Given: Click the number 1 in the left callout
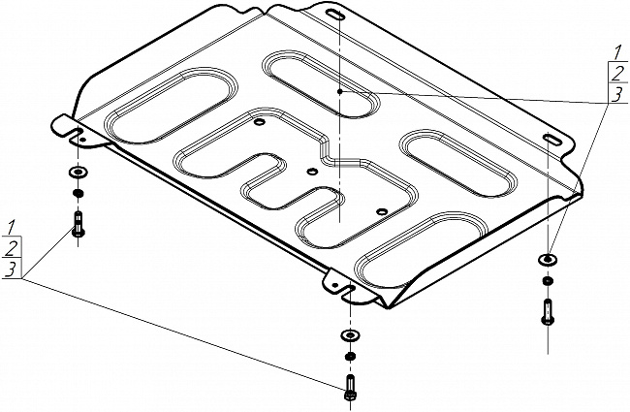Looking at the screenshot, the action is [x=12, y=227].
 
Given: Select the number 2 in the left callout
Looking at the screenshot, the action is [x=12, y=248].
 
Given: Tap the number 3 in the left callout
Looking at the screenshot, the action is [x=12, y=269].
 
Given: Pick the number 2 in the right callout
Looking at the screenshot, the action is [x=618, y=74].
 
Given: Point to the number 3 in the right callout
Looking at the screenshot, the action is [x=617, y=94].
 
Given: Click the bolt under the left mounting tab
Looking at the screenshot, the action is [x=78, y=224].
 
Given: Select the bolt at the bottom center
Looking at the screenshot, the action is [x=350, y=387].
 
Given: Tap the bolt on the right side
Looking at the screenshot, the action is [x=548, y=312].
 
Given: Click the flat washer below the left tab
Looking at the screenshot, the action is [x=78, y=173].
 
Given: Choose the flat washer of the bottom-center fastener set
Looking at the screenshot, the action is [x=350, y=334].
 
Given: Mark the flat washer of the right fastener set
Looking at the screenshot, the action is [x=548, y=260].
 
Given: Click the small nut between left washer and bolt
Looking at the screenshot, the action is [x=78, y=193].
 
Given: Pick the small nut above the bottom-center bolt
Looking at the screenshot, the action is [x=350, y=356].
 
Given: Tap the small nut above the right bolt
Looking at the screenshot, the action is [x=548, y=280].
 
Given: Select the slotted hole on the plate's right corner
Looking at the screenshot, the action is [x=552, y=139].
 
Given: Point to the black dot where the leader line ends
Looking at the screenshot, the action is [x=340, y=92].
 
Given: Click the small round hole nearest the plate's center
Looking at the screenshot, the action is [x=312, y=172].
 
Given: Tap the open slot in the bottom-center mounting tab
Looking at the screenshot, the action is [x=349, y=290].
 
